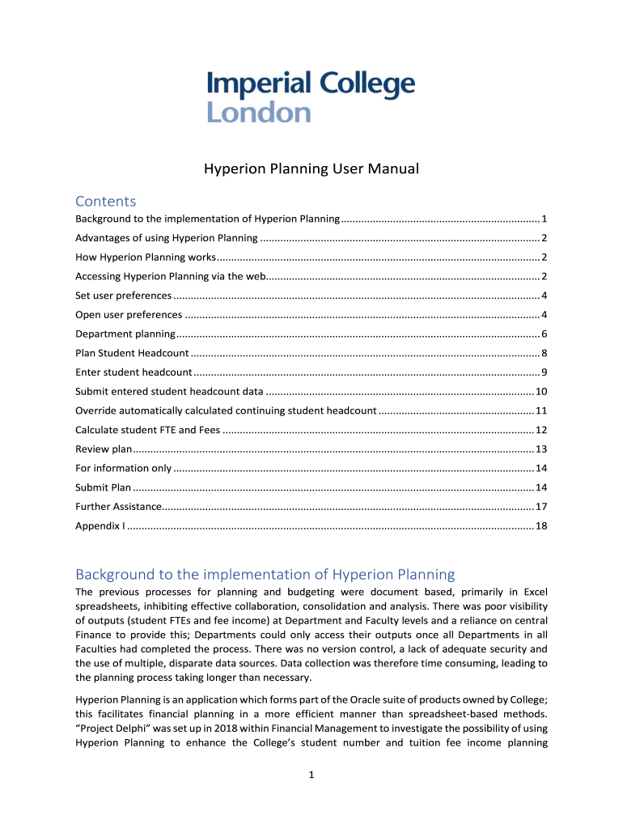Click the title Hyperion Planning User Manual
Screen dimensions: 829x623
[311, 169]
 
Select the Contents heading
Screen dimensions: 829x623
[105, 201]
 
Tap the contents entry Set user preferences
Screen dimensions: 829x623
[124, 295]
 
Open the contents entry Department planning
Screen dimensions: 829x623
[125, 334]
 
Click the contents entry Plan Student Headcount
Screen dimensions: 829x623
[132, 353]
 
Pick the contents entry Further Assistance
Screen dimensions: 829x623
[118, 507]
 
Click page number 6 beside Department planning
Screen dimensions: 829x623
[545, 334]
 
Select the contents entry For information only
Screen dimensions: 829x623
[123, 468]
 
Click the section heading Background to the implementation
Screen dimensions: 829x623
[265, 574]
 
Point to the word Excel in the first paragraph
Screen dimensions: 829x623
[532, 593]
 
